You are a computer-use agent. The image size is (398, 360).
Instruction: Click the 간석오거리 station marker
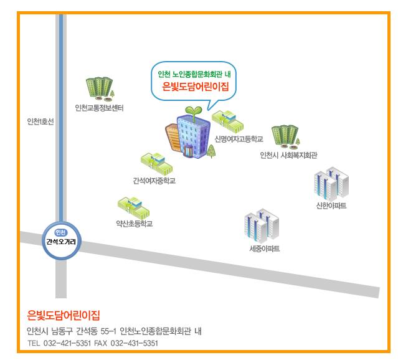[60, 237]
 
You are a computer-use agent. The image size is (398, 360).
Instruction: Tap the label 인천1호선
[40, 121]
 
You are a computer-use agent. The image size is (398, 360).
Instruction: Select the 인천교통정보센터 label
[99, 108]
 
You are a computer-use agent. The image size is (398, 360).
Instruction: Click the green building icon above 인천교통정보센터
[99, 89]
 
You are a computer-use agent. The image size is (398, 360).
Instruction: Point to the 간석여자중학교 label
[153, 181]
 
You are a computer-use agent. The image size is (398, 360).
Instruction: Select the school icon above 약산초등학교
[131, 206]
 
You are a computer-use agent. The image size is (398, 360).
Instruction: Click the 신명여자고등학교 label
[239, 138]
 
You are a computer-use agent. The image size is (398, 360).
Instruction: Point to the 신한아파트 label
[331, 206]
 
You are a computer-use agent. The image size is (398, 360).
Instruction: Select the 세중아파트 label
[264, 250]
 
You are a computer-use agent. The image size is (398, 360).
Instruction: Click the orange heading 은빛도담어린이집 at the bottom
[64, 314]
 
